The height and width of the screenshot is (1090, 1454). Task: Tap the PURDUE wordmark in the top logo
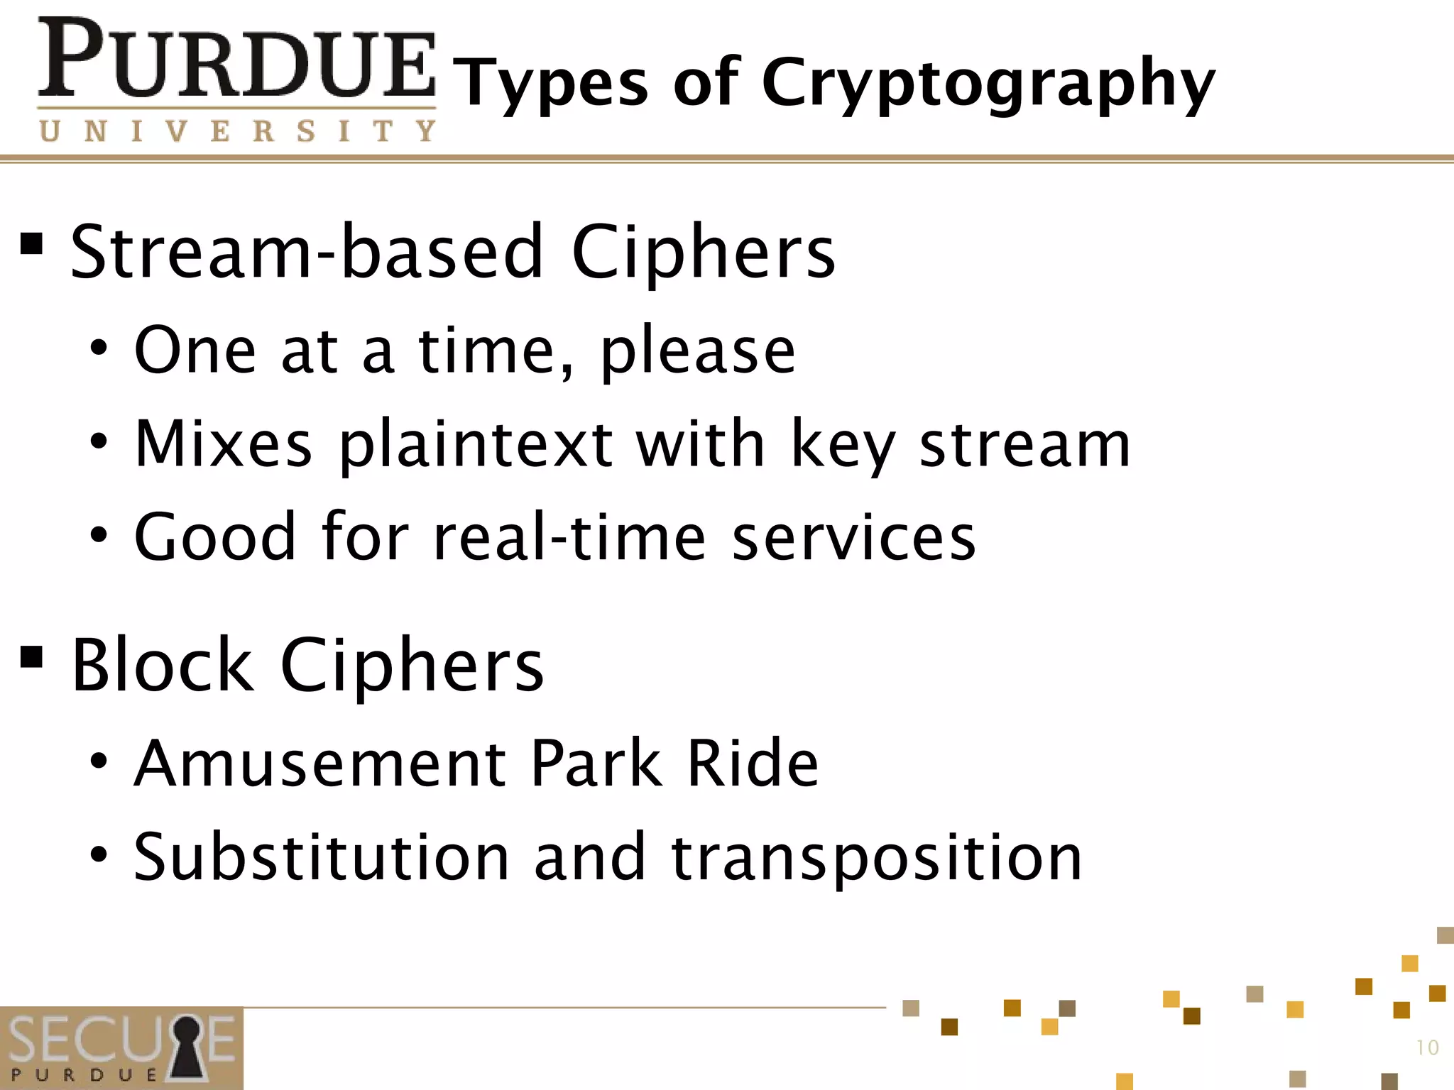(236, 60)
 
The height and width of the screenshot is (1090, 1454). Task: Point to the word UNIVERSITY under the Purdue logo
(238, 131)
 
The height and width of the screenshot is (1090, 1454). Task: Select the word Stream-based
(307, 251)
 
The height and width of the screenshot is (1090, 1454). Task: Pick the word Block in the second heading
(162, 665)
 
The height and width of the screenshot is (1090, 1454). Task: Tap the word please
(698, 351)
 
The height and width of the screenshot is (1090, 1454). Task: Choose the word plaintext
(476, 445)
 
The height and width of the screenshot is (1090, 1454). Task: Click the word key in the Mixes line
(843, 445)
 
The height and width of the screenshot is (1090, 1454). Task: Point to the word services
(854, 537)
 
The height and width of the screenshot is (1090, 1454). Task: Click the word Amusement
(320, 764)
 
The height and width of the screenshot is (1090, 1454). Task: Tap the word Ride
(752, 764)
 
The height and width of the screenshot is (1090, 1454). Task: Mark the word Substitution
(322, 857)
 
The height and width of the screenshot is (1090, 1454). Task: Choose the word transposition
(876, 859)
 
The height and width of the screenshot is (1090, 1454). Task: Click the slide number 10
(1427, 1047)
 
